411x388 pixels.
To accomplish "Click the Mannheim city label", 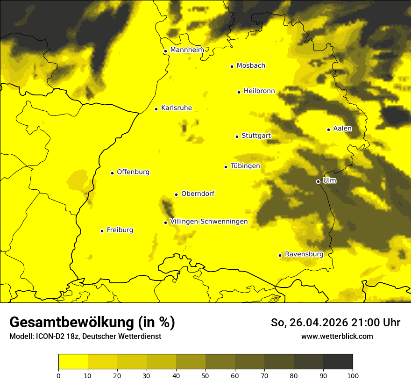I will pos(187,50).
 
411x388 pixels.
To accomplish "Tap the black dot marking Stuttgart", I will pos(237,137).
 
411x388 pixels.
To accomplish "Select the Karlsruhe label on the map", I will pos(176,108).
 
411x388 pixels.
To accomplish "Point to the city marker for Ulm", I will pos(318,181).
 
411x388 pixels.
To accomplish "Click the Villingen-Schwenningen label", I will pos(209,222).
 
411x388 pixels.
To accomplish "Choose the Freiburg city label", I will pos(120,230).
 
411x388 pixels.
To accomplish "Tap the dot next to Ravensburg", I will pos(280,255).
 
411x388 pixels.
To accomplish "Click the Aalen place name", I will pos(342,129).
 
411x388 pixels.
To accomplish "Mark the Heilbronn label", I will pos(259,91).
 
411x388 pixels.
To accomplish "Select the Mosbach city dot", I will pos(232,66).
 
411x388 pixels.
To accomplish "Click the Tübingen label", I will pos(245,166).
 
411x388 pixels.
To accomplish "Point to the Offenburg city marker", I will pos(112,173).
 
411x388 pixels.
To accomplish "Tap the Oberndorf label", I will pos(198,194).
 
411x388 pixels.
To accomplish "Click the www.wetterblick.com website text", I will pos(337,337).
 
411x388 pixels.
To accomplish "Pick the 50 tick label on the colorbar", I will pos(205,375).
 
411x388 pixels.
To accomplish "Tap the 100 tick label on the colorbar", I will pos(353,375).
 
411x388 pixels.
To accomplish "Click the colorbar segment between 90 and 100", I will pos(338,362).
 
